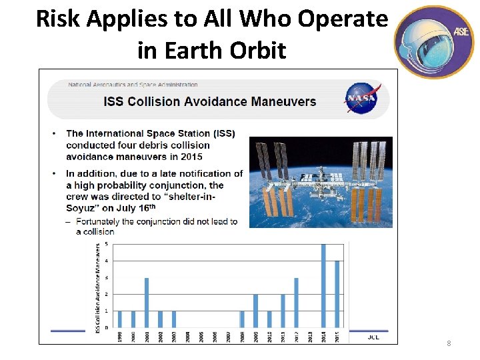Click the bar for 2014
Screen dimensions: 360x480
(323, 286)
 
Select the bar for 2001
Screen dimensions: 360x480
(147, 303)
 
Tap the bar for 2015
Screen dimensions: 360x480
(337, 294)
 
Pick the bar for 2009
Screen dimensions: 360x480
(255, 311)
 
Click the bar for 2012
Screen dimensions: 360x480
(296, 303)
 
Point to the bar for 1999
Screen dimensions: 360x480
(119, 319)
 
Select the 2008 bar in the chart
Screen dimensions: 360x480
(242, 319)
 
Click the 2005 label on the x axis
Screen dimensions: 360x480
(201, 337)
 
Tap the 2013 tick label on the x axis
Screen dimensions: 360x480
(310, 337)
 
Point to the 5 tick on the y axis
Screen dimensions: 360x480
(107, 244)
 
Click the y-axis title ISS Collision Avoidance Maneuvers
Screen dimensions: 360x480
(98, 287)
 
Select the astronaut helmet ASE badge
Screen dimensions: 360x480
(434, 41)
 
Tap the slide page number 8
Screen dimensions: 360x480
(449, 344)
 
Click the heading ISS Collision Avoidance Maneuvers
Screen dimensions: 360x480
(210, 102)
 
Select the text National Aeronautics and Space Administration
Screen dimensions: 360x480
(133, 85)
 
